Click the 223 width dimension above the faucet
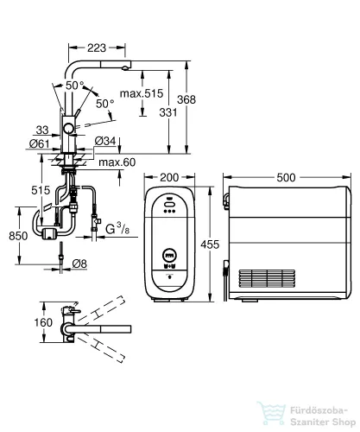tap(97, 48)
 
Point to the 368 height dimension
tap(186, 99)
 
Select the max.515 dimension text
tap(142, 93)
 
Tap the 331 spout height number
tap(168, 112)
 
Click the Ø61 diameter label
tap(40, 143)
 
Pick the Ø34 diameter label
tap(105, 141)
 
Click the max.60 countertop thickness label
tap(117, 162)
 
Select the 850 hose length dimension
tap(18, 236)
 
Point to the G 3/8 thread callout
tap(117, 229)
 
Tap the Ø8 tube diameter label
tap(79, 264)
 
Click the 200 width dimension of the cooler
tap(169, 177)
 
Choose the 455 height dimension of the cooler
tap(210, 245)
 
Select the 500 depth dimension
tap(286, 177)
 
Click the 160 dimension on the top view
tap(43, 322)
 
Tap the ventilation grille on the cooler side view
tap(267, 278)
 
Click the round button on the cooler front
tap(170, 255)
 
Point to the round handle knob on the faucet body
tap(69, 129)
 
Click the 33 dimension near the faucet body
tap(42, 130)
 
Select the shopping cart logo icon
tap(272, 414)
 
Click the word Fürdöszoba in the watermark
tap(319, 410)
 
